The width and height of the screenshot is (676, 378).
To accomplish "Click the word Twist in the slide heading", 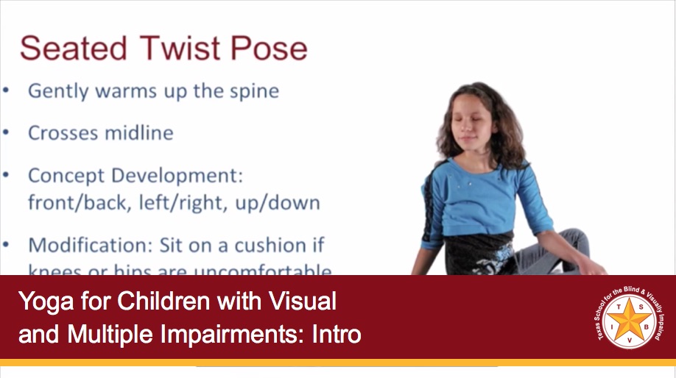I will coord(177,48).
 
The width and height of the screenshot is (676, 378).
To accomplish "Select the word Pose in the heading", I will coord(270,49).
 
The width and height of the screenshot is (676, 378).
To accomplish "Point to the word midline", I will coord(135,133).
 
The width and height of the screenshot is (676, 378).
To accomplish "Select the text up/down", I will coord(278,203).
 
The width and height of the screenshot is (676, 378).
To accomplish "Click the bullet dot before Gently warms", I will coord(7,91).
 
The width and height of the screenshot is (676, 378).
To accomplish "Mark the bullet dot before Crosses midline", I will coord(7,133).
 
